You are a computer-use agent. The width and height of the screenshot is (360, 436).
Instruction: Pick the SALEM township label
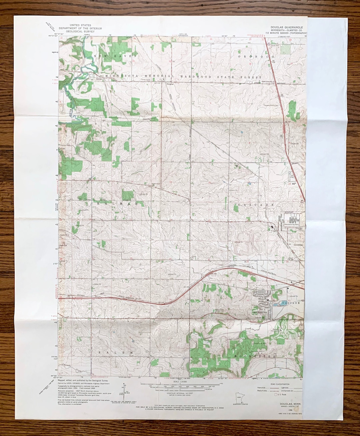coord(116,352)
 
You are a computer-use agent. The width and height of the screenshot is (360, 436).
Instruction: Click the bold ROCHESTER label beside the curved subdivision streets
coord(260,313)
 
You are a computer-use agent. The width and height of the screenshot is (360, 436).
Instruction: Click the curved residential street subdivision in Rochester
coord(263,296)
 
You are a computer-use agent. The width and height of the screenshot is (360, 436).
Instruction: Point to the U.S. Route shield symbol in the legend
coord(275,394)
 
